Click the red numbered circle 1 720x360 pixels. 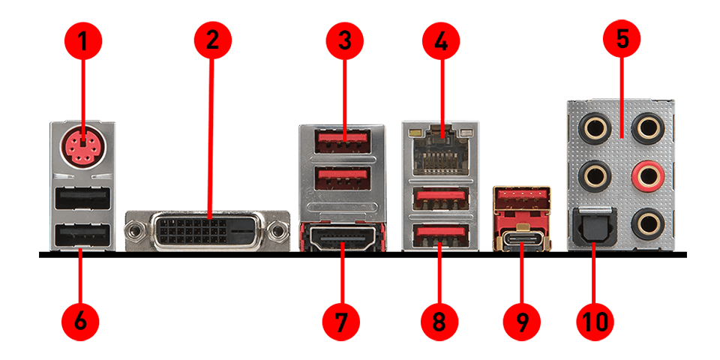pyautogui.click(x=83, y=42)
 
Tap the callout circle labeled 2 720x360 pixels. pyautogui.click(x=212, y=40)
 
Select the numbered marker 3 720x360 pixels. pyautogui.click(x=345, y=40)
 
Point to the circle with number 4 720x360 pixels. pyautogui.click(x=441, y=42)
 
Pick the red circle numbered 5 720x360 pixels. pyautogui.click(x=622, y=39)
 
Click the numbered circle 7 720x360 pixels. pyautogui.click(x=341, y=322)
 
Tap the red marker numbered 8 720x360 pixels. pyautogui.click(x=439, y=322)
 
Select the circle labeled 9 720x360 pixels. pyautogui.click(x=522, y=322)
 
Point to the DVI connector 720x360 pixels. pyautogui.click(x=208, y=232)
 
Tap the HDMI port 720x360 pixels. pyautogui.click(x=343, y=238)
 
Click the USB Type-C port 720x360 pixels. pyautogui.click(x=522, y=240)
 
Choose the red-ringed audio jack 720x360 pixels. pyautogui.click(x=647, y=175)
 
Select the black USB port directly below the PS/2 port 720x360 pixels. pyautogui.click(x=82, y=198)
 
